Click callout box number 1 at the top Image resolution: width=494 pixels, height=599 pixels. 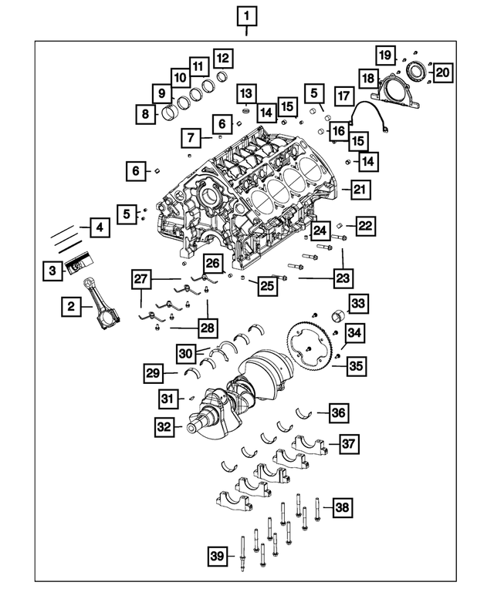coord(246,15)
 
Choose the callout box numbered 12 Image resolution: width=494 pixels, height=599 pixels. coord(222,58)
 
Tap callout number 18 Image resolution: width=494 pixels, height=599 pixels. coord(369,79)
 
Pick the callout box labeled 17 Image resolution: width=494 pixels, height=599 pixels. coord(343,96)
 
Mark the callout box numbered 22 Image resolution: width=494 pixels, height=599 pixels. coord(364,225)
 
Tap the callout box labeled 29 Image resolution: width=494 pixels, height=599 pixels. coord(154,374)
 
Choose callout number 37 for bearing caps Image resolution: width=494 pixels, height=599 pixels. coord(349,444)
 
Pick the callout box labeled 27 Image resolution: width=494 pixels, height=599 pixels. coord(140,278)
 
